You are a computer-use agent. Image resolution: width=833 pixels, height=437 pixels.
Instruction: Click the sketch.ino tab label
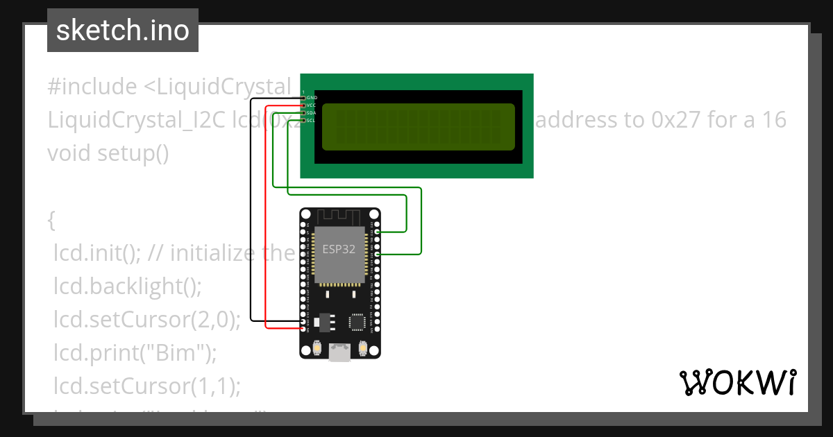tap(123, 31)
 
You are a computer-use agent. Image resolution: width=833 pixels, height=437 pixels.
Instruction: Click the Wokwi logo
tap(737, 382)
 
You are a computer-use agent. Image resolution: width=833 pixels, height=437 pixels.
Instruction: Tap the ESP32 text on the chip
tap(339, 250)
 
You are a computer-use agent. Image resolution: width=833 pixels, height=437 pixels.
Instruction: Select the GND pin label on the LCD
tap(312, 98)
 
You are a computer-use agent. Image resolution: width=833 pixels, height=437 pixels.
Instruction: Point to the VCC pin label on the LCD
tap(312, 105)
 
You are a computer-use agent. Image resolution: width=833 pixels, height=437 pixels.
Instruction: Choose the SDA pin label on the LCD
tap(312, 112)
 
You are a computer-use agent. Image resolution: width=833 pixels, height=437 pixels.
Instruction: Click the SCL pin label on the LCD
tap(312, 120)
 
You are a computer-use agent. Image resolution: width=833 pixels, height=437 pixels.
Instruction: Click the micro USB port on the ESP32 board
tap(340, 354)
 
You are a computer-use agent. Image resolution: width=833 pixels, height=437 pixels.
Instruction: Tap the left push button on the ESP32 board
tap(317, 347)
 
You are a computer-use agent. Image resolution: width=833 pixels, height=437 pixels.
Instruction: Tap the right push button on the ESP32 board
tap(362, 347)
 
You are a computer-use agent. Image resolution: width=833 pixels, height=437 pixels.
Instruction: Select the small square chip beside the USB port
tap(357, 322)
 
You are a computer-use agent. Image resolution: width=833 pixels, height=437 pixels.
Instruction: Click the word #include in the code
tap(92, 87)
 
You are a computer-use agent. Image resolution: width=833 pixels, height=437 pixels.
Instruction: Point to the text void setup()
tap(108, 153)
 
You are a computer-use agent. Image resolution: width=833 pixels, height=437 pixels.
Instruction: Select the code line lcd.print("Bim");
tap(135, 353)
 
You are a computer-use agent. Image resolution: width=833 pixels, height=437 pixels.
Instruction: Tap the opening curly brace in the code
tap(51, 221)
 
